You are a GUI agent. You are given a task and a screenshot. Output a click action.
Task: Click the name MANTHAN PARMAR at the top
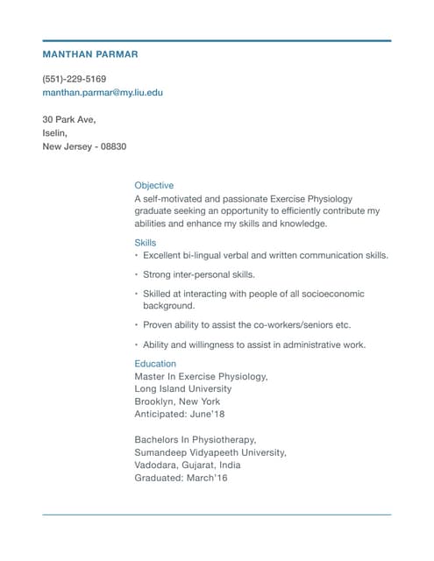(x=89, y=54)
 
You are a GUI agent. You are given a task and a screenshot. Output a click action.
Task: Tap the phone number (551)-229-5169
(x=75, y=79)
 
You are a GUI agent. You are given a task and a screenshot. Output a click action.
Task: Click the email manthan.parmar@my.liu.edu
(x=103, y=92)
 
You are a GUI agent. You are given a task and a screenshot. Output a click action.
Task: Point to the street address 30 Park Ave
(x=68, y=119)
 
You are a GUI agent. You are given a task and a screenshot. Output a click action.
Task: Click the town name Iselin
(x=55, y=133)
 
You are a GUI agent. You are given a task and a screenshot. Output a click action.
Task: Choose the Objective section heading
(x=153, y=186)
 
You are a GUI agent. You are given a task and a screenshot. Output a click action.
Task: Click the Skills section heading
(x=146, y=242)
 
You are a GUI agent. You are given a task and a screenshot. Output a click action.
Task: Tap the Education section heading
(x=155, y=363)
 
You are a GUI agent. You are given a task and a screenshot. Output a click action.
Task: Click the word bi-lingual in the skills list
(x=203, y=256)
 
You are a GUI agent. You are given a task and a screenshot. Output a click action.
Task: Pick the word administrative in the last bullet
(x=309, y=344)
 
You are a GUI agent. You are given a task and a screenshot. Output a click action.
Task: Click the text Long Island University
(x=183, y=388)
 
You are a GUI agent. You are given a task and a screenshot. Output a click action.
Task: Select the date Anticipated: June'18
(x=179, y=415)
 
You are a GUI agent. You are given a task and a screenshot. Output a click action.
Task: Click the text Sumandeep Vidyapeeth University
(x=210, y=452)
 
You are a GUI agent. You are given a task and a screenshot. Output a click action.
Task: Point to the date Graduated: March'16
(x=181, y=479)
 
